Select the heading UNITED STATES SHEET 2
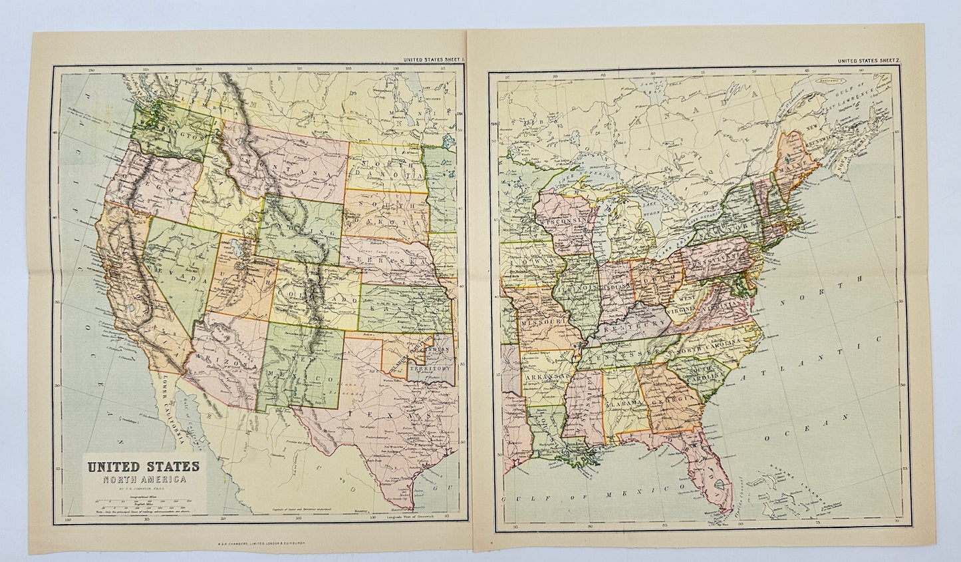tap(867, 61)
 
